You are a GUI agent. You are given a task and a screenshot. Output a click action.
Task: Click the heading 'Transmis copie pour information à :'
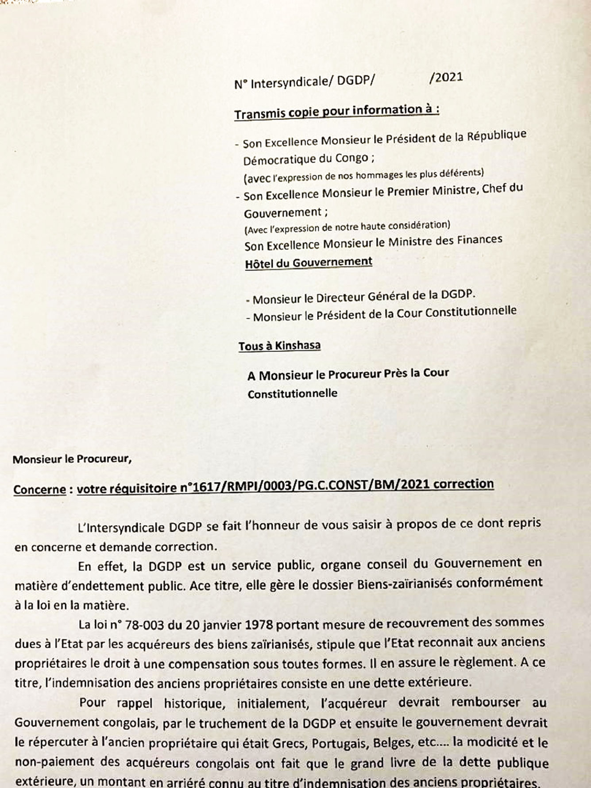(336, 111)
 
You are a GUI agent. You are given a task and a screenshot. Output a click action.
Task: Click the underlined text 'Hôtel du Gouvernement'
(309, 263)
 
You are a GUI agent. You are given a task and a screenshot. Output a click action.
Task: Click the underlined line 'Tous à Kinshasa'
(279, 345)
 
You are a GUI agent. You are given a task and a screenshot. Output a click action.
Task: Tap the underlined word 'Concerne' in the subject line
(39, 489)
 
